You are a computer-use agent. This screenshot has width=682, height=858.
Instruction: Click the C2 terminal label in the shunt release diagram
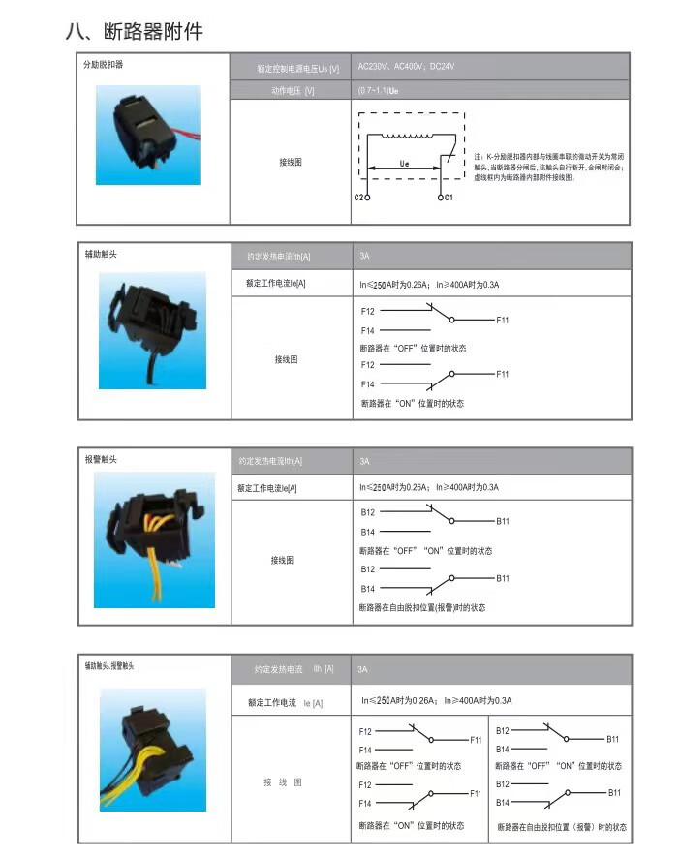(x=359, y=197)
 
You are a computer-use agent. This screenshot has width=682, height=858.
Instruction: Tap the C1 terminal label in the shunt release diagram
(x=447, y=197)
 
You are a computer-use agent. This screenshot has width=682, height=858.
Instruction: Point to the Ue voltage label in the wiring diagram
(x=404, y=165)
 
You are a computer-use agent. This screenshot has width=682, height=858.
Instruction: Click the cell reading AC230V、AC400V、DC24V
(x=406, y=67)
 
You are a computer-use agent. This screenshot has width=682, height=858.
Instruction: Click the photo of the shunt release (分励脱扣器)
(x=147, y=136)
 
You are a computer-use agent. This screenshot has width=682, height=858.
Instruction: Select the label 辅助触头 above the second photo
(x=102, y=255)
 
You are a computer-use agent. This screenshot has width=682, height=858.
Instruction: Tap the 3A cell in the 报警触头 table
(x=365, y=461)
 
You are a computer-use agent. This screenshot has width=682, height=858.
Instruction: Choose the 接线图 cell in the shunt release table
(x=290, y=163)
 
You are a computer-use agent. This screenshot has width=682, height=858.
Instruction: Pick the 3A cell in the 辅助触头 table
(x=364, y=257)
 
